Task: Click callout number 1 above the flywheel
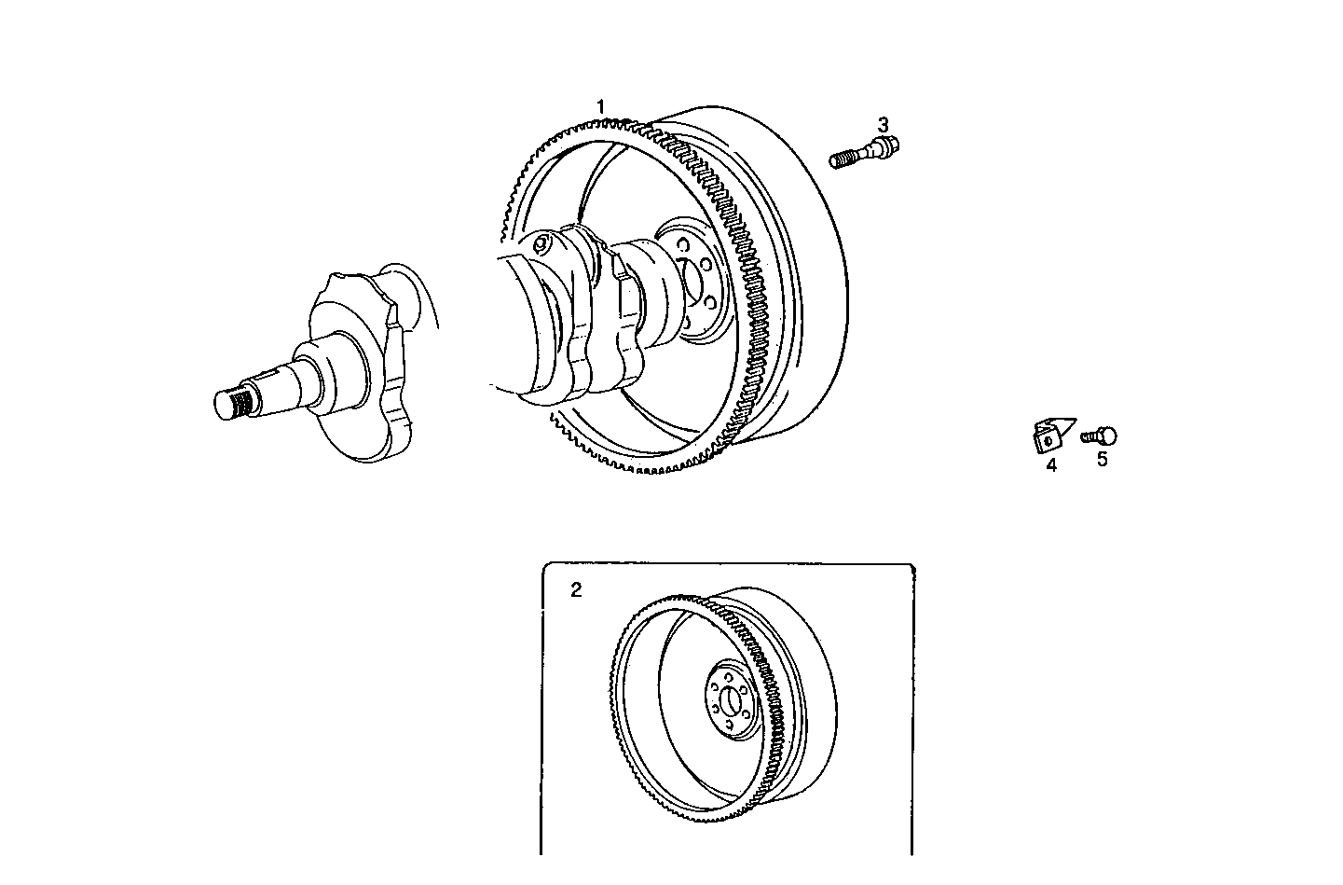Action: click(601, 106)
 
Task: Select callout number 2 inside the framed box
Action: click(576, 589)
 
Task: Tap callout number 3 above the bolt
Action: click(883, 124)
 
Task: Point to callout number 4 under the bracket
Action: click(1051, 464)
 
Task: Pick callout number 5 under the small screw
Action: click(1102, 459)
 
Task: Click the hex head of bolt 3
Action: click(887, 144)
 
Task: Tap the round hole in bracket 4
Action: click(1047, 439)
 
